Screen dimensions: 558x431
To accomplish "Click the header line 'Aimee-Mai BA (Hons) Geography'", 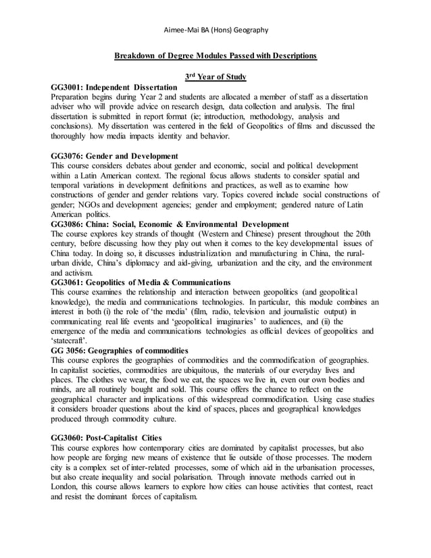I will (x=215, y=30).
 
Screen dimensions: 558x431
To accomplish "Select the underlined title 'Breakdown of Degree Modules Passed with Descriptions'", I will (x=215, y=54).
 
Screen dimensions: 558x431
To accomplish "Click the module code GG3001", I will (x=67, y=88).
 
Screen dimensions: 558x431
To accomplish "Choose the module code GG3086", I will (x=67, y=224).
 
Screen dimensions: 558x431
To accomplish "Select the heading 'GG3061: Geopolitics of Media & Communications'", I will (x=141, y=282).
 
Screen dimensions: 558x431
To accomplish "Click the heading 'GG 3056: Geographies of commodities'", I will (x=120, y=351).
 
